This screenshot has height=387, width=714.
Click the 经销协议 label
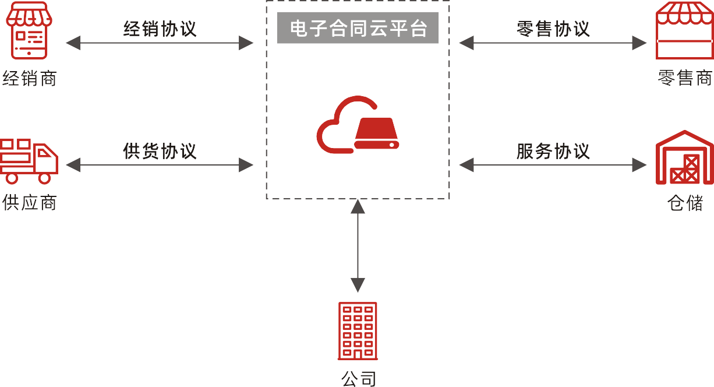[x=160, y=29]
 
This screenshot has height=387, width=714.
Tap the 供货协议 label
[x=160, y=151]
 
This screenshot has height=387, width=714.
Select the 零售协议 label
[x=553, y=29]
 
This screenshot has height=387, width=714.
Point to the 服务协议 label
[x=553, y=151]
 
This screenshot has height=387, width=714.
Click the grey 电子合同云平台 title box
[x=358, y=29]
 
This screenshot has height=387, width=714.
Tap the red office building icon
[x=358, y=330]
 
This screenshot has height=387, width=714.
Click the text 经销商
[x=29, y=78]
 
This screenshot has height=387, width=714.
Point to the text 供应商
[x=29, y=202]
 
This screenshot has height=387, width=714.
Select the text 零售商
[x=685, y=78]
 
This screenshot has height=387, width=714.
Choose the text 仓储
[x=685, y=202]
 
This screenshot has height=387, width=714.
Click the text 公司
[x=358, y=378]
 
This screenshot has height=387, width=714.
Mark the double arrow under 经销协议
[x=160, y=43]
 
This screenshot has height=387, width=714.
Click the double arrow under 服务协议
[x=553, y=165]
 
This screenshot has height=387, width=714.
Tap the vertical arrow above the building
[x=358, y=245]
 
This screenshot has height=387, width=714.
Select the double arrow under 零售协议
[x=553, y=43]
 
